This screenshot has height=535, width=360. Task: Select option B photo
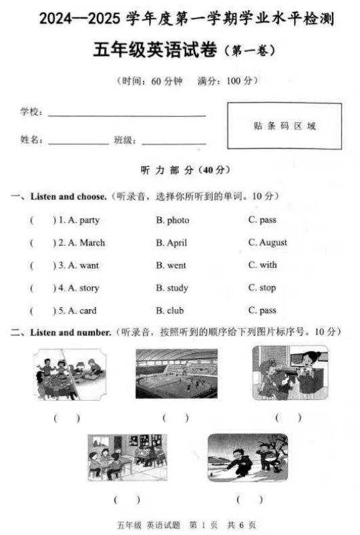click(x=178, y=220)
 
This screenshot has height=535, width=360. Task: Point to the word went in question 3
click(x=176, y=265)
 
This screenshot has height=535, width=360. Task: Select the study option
click(x=177, y=288)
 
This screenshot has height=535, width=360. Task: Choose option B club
click(x=175, y=311)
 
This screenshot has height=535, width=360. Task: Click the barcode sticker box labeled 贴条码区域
click(x=284, y=126)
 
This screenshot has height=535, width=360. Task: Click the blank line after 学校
click(x=126, y=115)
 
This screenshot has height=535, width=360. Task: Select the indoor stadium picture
click(x=176, y=373)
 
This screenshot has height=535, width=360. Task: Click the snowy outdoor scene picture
click(x=247, y=458)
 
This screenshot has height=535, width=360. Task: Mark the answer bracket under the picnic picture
click(x=67, y=418)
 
